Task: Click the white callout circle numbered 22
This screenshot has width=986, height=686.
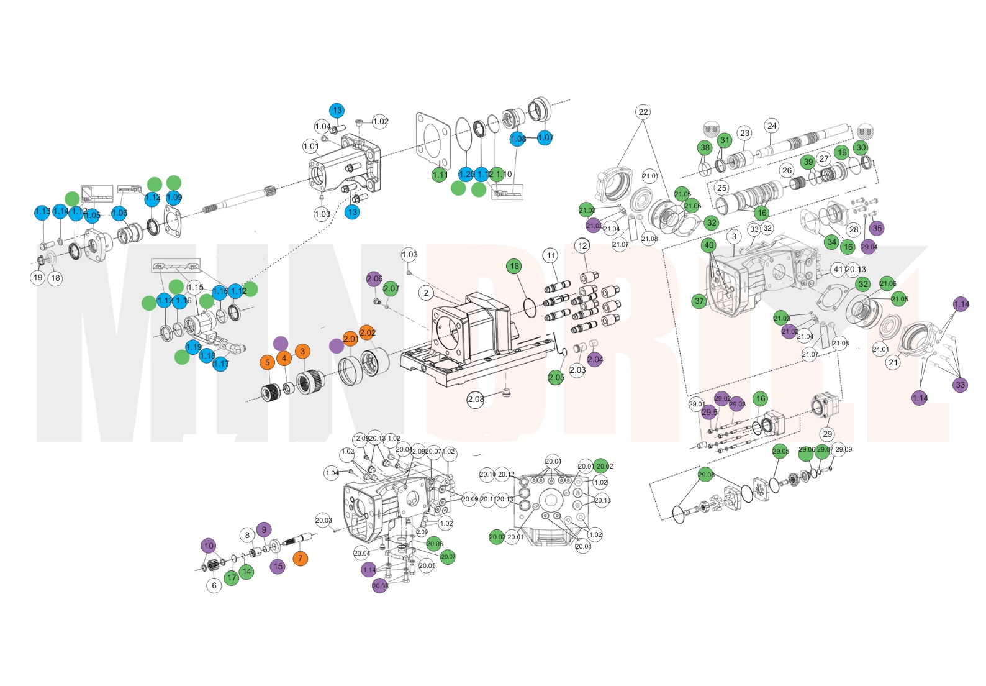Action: click(x=643, y=112)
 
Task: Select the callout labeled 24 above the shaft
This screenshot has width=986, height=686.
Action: click(x=772, y=126)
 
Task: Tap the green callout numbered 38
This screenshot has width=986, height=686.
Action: click(x=705, y=148)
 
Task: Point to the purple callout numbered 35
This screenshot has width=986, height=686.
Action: click(x=877, y=228)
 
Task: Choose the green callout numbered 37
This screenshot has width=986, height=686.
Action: click(x=700, y=301)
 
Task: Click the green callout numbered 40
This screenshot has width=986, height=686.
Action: click(x=709, y=245)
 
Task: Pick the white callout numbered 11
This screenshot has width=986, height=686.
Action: click(x=551, y=255)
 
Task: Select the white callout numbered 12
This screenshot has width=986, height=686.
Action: click(x=582, y=245)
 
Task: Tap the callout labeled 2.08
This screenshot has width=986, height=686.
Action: click(x=476, y=399)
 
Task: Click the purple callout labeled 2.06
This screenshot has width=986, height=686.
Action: click(x=374, y=279)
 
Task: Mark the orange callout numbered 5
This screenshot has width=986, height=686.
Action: click(x=267, y=362)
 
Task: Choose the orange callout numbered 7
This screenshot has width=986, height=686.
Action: click(x=301, y=558)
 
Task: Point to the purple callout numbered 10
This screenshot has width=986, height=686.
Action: click(x=209, y=546)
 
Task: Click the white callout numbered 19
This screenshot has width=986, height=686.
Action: click(x=38, y=277)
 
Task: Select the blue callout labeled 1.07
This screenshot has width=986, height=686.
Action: click(x=545, y=138)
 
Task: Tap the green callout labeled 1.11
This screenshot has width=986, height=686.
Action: click(x=440, y=175)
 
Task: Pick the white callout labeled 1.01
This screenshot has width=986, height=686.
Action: click(x=311, y=147)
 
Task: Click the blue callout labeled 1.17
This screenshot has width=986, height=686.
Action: click(x=221, y=364)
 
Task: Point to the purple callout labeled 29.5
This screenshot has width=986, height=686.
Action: click(x=709, y=412)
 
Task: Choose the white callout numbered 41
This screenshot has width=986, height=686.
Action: click(x=838, y=269)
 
